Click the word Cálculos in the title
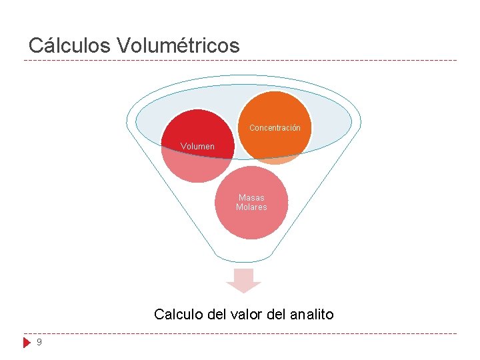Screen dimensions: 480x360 coord(70,45)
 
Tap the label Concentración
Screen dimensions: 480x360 coord(275,128)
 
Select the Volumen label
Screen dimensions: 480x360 coord(198,146)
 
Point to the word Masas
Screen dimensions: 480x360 coord(251,198)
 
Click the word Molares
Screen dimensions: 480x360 coord(251,207)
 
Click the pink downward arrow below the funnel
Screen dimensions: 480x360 coord(243,280)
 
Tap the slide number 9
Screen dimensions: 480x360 coord(39,342)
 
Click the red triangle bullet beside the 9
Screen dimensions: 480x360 coord(27,343)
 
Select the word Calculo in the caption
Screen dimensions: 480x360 coord(175,314)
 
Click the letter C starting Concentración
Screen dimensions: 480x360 coord(252,128)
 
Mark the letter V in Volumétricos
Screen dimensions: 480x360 coord(123,45)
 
